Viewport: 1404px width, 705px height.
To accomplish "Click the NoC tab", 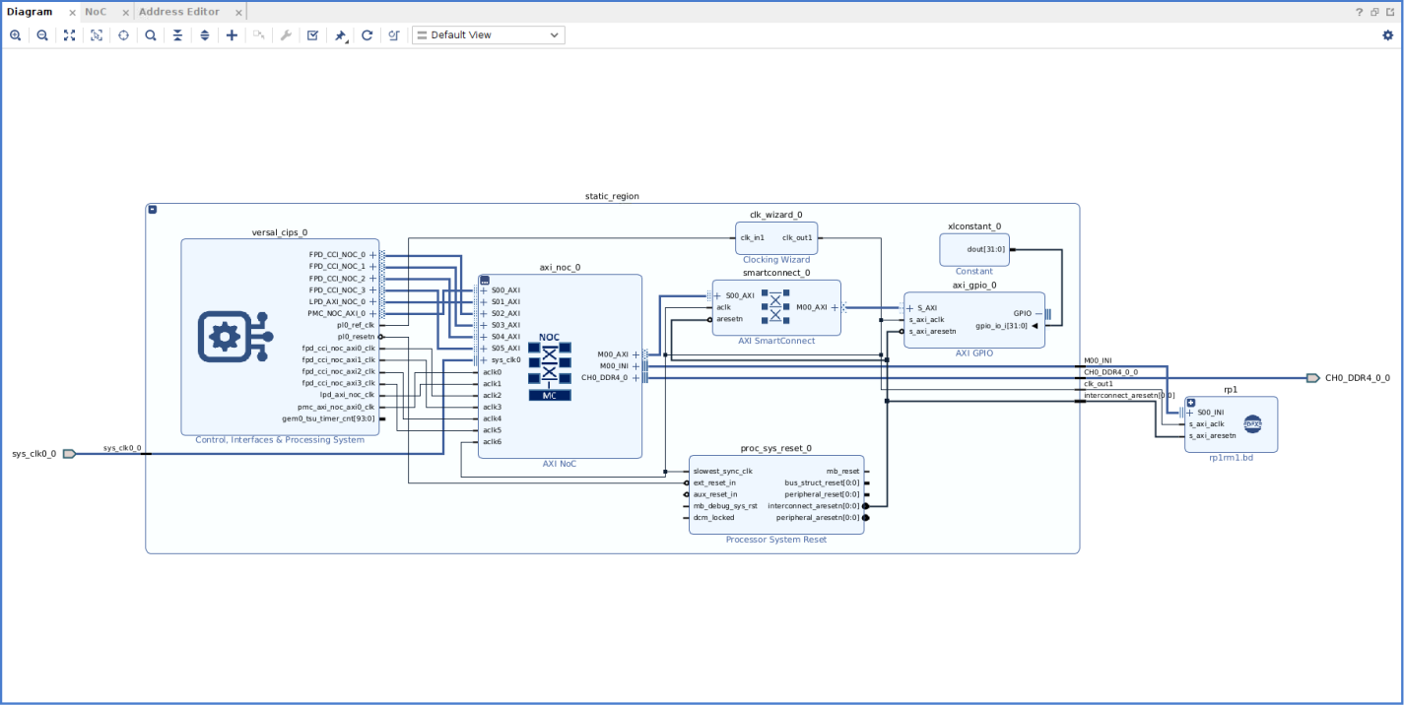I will [x=95, y=12].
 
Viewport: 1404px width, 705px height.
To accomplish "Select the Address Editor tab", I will [x=178, y=12].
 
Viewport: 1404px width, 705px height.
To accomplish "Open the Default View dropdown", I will [x=488, y=35].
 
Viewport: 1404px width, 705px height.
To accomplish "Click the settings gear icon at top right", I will [x=1388, y=35].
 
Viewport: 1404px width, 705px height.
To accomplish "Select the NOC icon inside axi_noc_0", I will [x=549, y=365].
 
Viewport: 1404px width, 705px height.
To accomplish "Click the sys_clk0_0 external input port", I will [x=69, y=454].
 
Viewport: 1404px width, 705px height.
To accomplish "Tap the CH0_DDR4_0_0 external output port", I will [x=1312, y=378].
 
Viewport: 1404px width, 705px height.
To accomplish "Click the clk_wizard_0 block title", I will [x=775, y=215].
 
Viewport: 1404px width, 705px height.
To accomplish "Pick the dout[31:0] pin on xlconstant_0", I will [x=985, y=249].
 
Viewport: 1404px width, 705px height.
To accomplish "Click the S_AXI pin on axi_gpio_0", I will [x=926, y=308].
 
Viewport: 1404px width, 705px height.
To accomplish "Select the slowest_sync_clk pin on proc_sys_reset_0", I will [x=722, y=471].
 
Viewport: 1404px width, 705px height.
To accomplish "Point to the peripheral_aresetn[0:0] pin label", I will [x=818, y=517].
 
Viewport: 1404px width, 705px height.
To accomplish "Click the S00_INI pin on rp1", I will [x=1210, y=413].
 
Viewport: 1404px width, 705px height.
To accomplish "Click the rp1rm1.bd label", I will [x=1231, y=458].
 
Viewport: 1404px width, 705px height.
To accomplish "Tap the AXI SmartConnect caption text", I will [x=776, y=341].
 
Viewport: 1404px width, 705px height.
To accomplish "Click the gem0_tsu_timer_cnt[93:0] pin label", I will [x=328, y=418].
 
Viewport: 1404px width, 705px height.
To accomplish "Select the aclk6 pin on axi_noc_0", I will [x=493, y=441].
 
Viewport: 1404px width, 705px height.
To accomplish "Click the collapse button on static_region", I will [x=153, y=209].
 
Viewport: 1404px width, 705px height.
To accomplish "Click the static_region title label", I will [x=612, y=196].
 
